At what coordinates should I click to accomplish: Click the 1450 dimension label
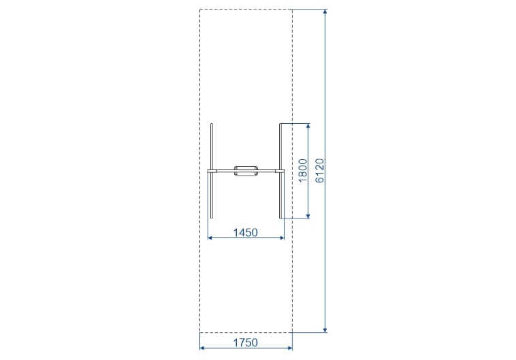click(x=246, y=233)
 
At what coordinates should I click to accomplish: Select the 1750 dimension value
click(x=246, y=343)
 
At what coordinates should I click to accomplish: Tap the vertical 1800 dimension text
click(x=302, y=170)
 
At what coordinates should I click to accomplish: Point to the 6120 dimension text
click(x=319, y=170)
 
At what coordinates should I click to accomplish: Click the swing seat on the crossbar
click(x=246, y=171)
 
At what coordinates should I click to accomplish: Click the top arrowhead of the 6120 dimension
click(x=325, y=12)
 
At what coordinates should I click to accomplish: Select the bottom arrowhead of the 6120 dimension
click(x=325, y=329)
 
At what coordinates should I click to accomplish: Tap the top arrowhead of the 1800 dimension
click(x=308, y=127)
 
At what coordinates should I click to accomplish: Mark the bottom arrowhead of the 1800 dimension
click(x=308, y=215)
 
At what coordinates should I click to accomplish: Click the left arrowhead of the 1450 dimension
click(x=210, y=238)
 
